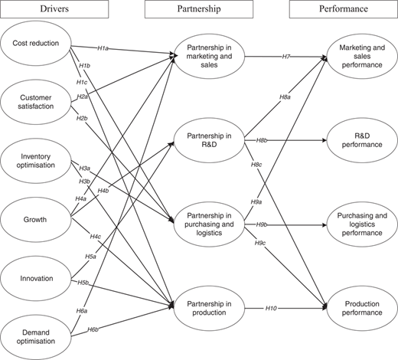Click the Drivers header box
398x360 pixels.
(54, 9)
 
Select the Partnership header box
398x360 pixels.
(199, 9)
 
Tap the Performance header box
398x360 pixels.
(344, 9)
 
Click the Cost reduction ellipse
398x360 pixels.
(36, 43)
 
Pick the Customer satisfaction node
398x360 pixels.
(36, 102)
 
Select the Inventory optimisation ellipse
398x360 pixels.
(36, 161)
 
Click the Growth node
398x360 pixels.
(36, 220)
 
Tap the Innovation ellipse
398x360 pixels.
(36, 278)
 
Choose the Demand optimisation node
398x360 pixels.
(36, 337)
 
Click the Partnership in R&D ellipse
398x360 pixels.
(209, 140)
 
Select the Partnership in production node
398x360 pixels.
(209, 308)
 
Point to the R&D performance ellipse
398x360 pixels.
(362, 140)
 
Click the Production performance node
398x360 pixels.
(362, 308)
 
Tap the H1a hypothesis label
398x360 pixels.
(103, 48)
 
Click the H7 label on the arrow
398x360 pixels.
(286, 57)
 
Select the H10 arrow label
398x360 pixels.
(271, 309)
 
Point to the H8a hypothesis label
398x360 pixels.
(285, 97)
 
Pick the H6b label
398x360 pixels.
(93, 329)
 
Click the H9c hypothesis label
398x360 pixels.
(260, 243)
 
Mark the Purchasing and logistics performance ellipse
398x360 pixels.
(362, 224)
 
